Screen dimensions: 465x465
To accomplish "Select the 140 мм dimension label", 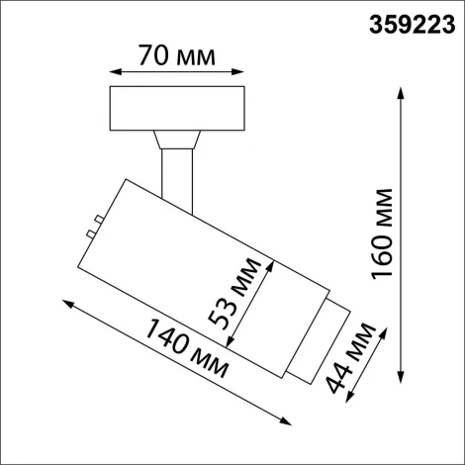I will click(186, 351).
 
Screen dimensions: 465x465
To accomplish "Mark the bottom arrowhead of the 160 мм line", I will click(401, 380).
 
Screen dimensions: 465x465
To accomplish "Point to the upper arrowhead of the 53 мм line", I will click(267, 262).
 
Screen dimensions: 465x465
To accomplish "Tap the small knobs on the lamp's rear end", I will click(93, 226).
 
